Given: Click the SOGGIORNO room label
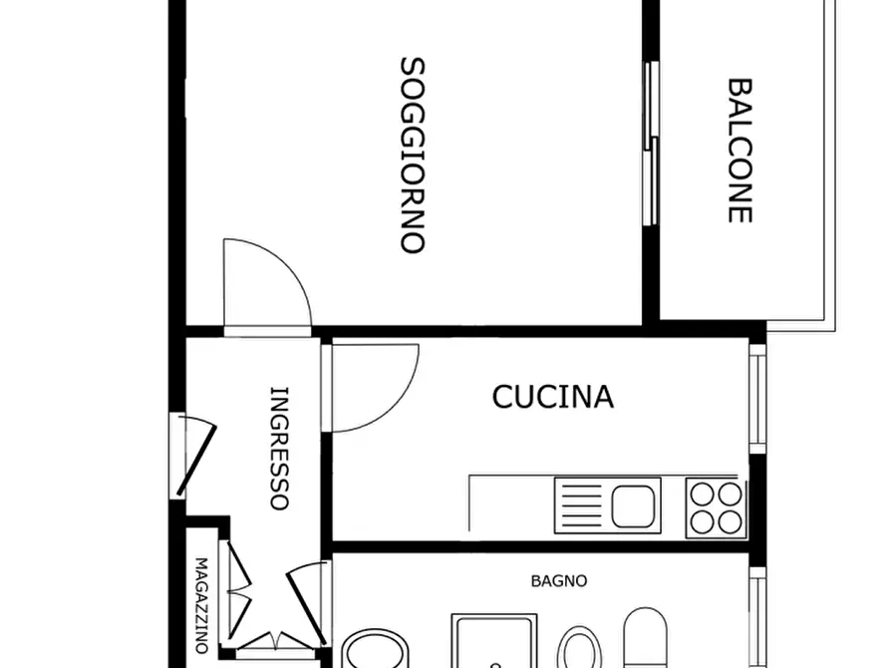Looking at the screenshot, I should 413,156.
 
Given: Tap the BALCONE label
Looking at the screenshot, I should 739,150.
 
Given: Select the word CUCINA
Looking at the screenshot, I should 553,397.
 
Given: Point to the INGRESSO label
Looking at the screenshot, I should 280,448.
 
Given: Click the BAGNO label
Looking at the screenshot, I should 558,580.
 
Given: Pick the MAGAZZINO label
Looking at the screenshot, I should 200,604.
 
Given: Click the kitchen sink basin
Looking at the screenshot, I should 635,503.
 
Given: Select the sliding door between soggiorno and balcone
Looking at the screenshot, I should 651,144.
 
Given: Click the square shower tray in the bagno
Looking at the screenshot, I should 494,643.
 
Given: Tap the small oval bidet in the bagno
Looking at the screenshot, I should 577,648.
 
